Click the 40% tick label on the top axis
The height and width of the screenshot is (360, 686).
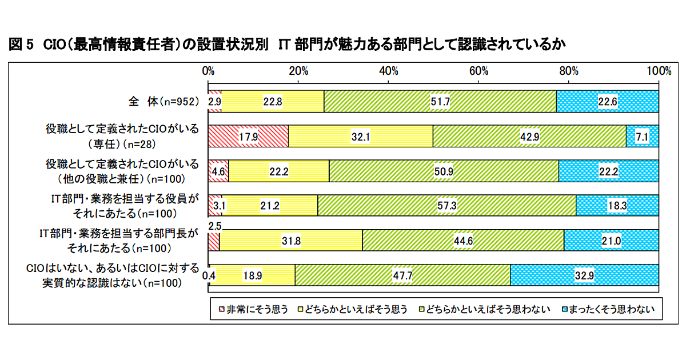[389, 71]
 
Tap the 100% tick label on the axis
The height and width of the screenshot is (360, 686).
[659, 71]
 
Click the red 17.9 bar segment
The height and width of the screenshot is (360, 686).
[248, 136]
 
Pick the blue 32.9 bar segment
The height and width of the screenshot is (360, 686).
[584, 275]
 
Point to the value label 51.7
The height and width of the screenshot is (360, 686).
[440, 102]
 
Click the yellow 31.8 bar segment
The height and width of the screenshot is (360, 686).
[290, 240]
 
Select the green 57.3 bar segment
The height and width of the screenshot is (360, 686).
[446, 205]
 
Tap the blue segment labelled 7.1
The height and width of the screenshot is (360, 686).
[643, 136]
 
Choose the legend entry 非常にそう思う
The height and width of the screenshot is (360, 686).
[253, 310]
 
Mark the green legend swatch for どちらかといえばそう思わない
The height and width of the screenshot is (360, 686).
[423, 310]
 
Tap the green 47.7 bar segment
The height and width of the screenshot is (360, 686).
[402, 275]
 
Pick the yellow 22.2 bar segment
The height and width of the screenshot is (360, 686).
[279, 171]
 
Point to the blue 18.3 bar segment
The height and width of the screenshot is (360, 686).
[617, 205]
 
